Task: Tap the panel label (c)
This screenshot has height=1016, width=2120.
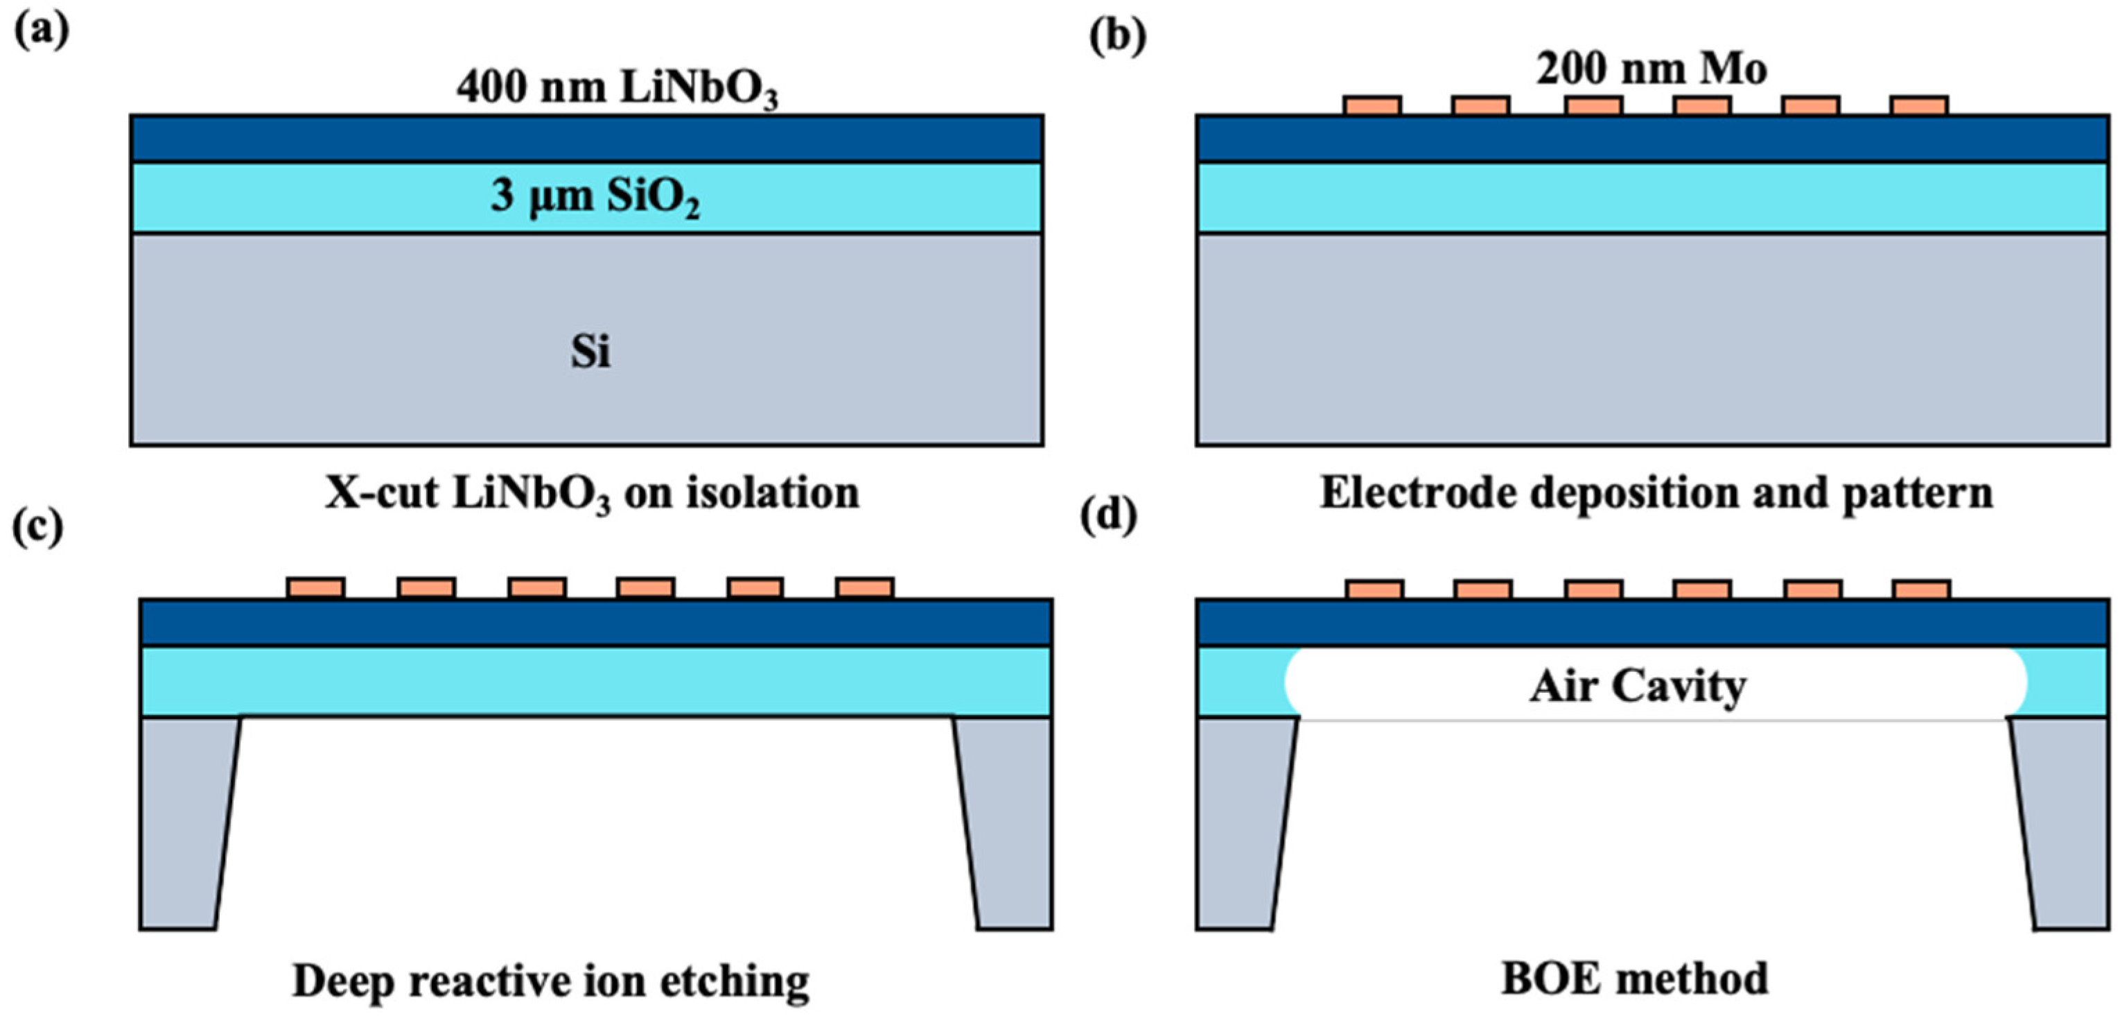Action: click(x=38, y=527)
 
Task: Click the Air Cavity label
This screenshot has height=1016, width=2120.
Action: click(x=1638, y=686)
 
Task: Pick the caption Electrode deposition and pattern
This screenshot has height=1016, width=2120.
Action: click(x=1656, y=493)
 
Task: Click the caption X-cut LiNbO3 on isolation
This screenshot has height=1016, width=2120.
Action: click(x=592, y=494)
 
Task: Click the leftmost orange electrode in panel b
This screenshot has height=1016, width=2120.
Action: click(x=1372, y=106)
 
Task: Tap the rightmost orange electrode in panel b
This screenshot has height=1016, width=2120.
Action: click(x=1919, y=106)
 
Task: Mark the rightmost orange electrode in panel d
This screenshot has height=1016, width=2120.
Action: click(x=1922, y=589)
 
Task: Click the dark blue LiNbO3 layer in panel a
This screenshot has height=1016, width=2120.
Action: click(x=587, y=138)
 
